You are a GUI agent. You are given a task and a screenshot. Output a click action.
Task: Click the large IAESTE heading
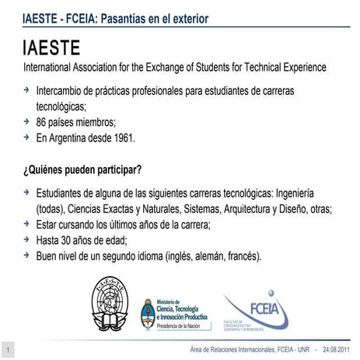[x=58, y=48]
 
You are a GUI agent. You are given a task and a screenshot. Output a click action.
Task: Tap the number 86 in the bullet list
[x=43, y=122]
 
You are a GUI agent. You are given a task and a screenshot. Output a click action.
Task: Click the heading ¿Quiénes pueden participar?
[x=87, y=169]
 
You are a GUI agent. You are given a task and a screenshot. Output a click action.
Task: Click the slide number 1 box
[x=7, y=348]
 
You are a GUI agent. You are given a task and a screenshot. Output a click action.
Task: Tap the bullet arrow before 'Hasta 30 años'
[x=28, y=239]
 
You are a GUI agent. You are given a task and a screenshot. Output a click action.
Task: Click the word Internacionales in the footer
[x=236, y=348]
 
